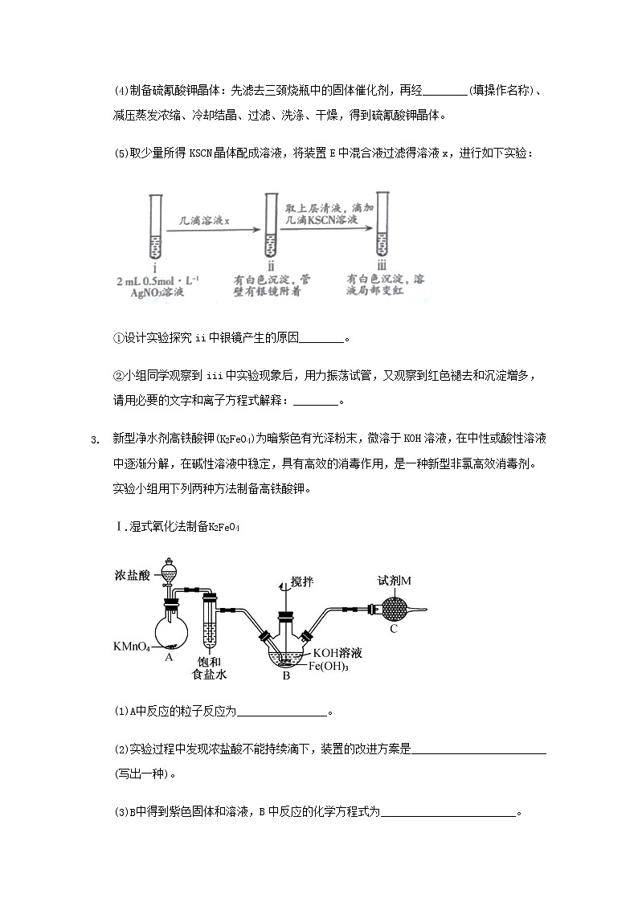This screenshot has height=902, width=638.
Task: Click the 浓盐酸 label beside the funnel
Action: pyautogui.click(x=132, y=576)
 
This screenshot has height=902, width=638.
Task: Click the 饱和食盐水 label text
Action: pyautogui.click(x=209, y=667)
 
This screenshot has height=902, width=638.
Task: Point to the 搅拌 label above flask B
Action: pyautogui.click(x=305, y=582)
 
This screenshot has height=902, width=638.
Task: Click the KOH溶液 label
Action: pyautogui.click(x=337, y=652)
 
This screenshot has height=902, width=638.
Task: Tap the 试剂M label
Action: pyautogui.click(x=395, y=580)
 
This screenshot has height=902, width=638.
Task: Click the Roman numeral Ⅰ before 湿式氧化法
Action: pyautogui.click(x=118, y=526)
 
